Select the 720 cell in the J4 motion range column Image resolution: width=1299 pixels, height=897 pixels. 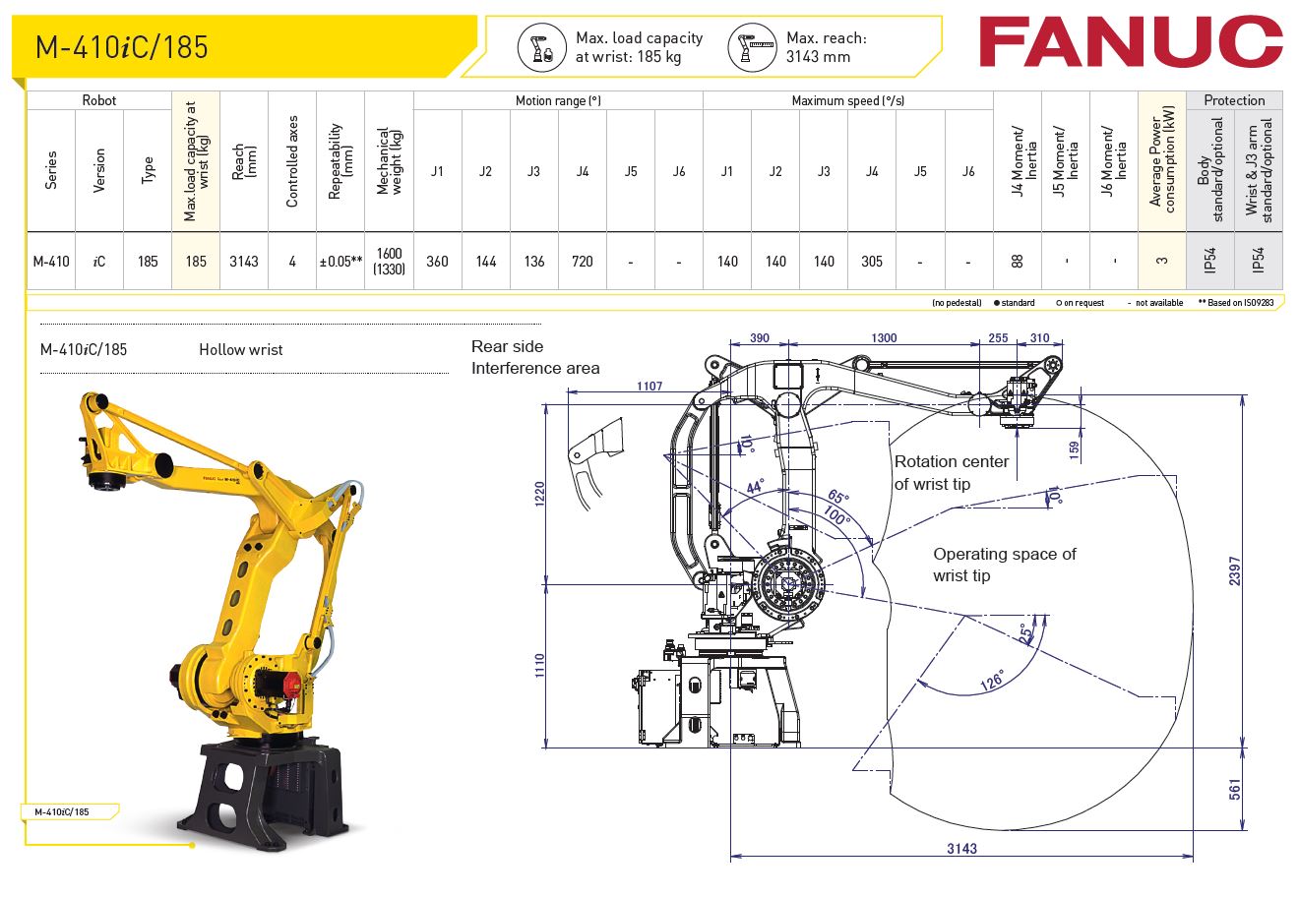[582, 262]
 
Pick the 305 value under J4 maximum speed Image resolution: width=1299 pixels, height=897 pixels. [871, 262]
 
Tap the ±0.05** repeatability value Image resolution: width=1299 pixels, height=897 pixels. [340, 262]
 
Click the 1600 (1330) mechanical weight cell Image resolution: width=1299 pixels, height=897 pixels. [389, 262]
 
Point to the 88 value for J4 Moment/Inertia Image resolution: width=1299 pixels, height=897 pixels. [1017, 262]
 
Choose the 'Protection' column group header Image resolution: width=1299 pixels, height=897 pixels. [1234, 100]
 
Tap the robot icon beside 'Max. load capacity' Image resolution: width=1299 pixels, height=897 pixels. [538, 47]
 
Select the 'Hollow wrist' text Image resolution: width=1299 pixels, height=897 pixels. [240, 349]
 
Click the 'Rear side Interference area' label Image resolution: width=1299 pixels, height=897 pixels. [534, 357]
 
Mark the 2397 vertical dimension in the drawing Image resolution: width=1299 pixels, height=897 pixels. [1235, 570]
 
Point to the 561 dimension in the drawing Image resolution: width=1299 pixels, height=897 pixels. [1235, 789]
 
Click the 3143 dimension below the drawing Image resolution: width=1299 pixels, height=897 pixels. [961, 848]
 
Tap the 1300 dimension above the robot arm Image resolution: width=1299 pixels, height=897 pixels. [884, 338]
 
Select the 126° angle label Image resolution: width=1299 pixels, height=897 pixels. [991, 680]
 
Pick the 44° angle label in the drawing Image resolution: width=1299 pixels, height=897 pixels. [755, 487]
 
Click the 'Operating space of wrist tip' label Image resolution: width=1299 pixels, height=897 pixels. [1004, 565]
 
